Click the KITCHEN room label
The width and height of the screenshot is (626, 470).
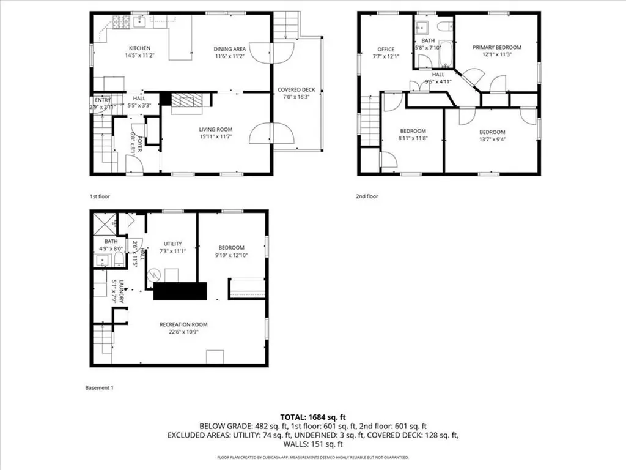(139, 48)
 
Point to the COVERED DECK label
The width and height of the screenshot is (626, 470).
(296, 89)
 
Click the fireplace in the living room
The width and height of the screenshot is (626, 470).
(185, 102)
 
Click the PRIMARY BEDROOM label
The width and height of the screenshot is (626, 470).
(496, 47)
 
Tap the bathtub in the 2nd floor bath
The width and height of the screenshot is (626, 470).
(445, 54)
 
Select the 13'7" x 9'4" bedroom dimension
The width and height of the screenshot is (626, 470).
(492, 139)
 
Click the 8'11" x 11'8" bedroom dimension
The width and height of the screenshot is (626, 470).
(413, 139)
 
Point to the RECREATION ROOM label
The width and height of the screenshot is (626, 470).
(183, 324)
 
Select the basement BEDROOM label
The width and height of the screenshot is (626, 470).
(230, 248)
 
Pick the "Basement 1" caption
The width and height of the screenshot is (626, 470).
(98, 388)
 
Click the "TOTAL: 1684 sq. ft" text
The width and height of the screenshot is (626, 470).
(313, 417)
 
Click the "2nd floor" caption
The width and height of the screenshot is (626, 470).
(367, 196)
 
